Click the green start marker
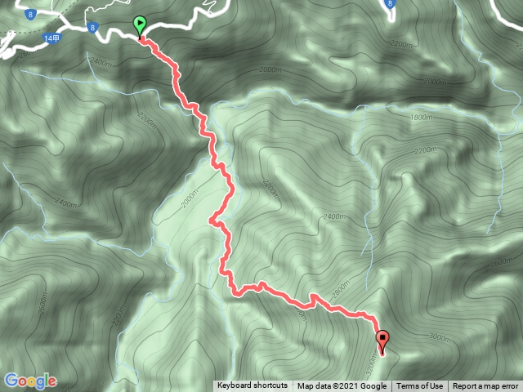click(x=140, y=25)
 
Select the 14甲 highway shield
click(x=53, y=38)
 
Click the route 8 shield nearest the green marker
click(x=94, y=27)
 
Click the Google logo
click(x=30, y=381)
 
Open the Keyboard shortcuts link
click(x=253, y=386)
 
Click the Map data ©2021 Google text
click(x=342, y=386)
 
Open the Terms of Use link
click(x=420, y=386)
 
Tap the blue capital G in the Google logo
click(x=11, y=381)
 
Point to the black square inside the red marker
click(x=382, y=336)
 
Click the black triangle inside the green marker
click(x=140, y=24)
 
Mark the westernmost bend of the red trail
click(x=211, y=220)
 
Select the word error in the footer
click(x=508, y=386)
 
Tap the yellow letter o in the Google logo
click(x=34, y=382)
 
